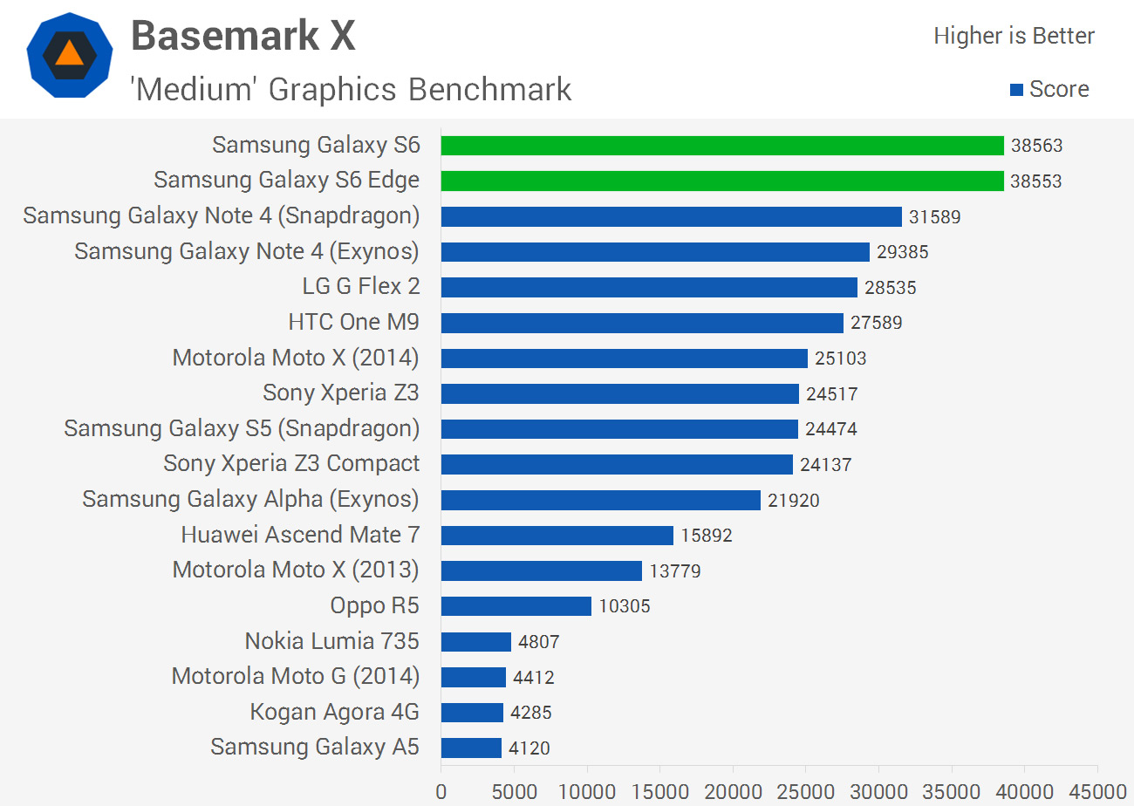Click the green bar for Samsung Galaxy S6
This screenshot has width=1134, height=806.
[722, 146]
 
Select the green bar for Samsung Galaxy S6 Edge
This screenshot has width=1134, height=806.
[722, 181]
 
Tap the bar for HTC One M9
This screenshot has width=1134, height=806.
[642, 323]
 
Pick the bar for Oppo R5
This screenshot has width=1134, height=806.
[516, 605]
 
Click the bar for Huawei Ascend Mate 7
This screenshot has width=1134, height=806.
[557, 535]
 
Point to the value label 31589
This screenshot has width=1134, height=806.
[935, 216]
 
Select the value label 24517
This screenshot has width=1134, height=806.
[832, 393]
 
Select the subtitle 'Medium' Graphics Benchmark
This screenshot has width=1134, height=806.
[351, 89]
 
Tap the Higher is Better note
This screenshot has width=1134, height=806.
[1014, 36]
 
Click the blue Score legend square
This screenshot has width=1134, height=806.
[1015, 89]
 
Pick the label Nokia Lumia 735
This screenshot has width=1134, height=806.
[331, 641]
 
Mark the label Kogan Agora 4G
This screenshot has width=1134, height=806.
[334, 712]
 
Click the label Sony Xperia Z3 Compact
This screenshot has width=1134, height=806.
[291, 464]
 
